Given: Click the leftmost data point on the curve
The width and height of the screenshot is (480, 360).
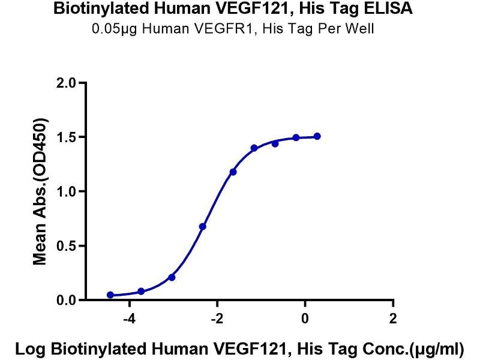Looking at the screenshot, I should (x=110, y=295).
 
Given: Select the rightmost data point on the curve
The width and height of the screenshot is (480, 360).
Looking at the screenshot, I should (x=317, y=136).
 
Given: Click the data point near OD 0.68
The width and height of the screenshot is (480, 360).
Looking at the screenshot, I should (x=203, y=227).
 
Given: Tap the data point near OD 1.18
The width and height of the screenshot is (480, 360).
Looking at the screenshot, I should (x=233, y=172).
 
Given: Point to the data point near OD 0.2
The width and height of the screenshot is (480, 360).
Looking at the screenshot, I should (x=172, y=277).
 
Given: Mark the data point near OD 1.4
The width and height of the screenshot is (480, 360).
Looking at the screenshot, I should (x=254, y=148).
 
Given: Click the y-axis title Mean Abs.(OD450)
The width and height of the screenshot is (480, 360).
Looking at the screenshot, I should (x=40, y=191).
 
